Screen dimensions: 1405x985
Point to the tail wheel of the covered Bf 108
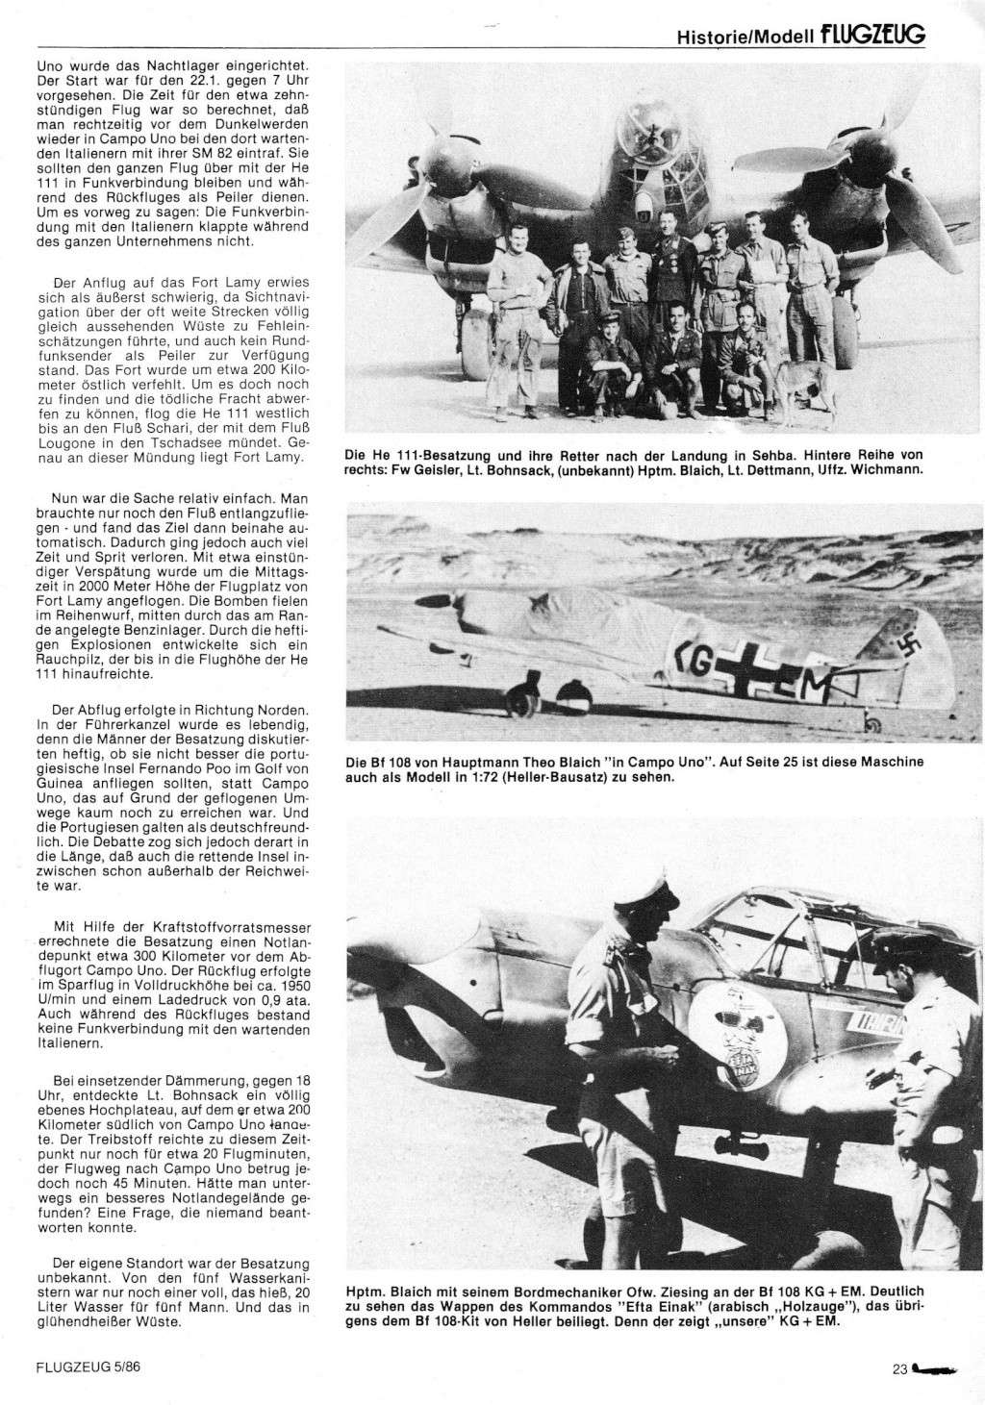(x=874, y=716)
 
